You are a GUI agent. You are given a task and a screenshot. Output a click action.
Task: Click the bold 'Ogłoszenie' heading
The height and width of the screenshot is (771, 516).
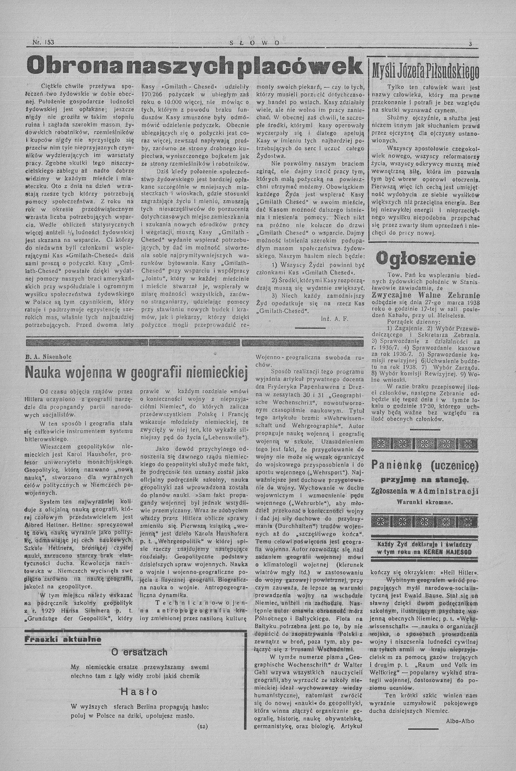tap(425, 258)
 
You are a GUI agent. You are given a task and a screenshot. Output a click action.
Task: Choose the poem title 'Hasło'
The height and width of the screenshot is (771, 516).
tap(136, 692)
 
